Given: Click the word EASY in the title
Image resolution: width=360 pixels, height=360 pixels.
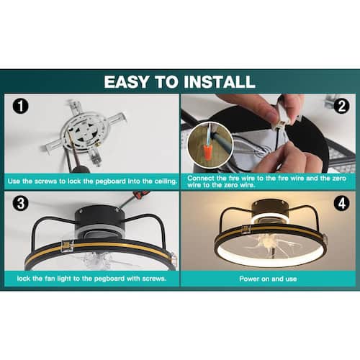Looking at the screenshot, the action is [127, 81].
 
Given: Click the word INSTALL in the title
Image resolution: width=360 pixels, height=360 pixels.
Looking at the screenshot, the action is [220, 81].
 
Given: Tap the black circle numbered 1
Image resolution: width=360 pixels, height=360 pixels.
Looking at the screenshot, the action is [21, 106].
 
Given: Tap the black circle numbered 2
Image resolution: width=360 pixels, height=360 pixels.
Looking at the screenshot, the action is [341, 106].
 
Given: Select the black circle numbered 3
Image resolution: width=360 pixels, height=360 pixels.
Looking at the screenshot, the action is [21, 203].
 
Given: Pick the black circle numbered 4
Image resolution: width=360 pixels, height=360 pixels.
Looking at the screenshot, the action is [341, 203].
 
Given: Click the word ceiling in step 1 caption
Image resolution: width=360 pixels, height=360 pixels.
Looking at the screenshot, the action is [166, 181].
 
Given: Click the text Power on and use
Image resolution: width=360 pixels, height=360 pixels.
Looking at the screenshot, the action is [268, 279].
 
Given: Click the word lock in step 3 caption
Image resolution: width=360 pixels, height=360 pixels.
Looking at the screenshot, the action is [23, 279].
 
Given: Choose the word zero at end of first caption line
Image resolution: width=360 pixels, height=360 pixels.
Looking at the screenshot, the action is [339, 179].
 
